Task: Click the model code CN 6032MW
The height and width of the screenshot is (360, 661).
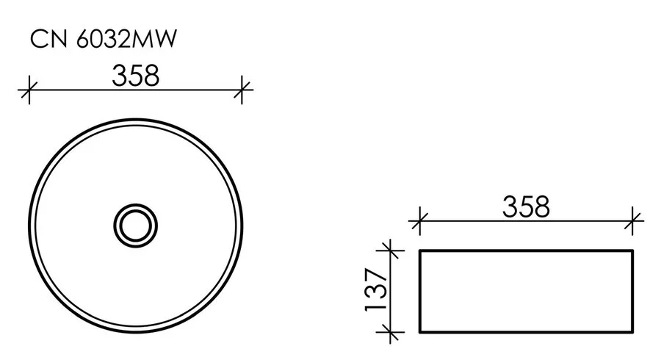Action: click(x=104, y=40)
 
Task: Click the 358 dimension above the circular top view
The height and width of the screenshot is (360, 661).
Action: click(x=135, y=75)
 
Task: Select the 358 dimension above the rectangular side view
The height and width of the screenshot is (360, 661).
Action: click(x=526, y=206)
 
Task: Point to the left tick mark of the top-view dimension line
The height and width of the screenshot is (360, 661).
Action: click(x=28, y=90)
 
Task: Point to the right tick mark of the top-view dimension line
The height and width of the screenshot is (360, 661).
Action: click(x=243, y=90)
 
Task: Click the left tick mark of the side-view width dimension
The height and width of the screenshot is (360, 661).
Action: click(x=419, y=218)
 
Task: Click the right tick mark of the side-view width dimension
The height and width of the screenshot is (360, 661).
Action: click(x=633, y=218)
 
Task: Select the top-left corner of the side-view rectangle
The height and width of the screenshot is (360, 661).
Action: click(x=419, y=251)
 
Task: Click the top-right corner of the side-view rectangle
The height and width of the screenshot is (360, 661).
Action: click(x=633, y=251)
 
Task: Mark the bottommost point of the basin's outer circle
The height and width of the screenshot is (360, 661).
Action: click(x=136, y=330)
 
